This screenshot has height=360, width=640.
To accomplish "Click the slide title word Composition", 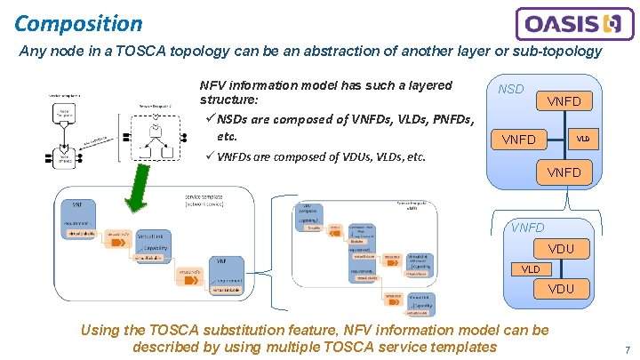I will click(x=78, y=22).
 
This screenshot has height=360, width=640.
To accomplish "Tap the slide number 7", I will click(x=628, y=350).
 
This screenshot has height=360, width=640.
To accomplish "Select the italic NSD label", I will click(x=510, y=90).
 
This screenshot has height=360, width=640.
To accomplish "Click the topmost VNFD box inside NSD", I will click(x=563, y=101).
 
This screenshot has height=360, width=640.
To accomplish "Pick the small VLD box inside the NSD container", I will click(x=582, y=139).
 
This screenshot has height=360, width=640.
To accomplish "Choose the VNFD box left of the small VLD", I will click(x=519, y=140).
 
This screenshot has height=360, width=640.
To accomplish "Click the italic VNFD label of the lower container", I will click(x=527, y=228).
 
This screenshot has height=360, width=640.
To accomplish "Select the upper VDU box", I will click(x=561, y=248).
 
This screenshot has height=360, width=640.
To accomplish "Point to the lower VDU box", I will click(x=561, y=288).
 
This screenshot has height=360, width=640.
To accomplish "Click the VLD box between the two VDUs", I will click(x=531, y=268).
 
